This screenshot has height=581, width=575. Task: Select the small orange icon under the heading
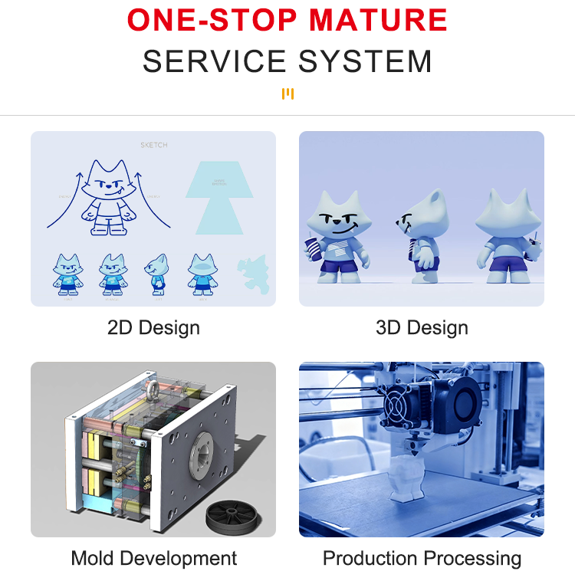(287, 94)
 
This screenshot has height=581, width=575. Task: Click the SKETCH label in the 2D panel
(153, 145)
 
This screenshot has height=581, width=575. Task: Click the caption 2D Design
(153, 328)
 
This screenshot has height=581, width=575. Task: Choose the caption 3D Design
(422, 328)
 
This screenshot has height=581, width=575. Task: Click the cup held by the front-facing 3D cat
(313, 251)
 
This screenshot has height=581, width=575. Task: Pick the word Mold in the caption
(92, 558)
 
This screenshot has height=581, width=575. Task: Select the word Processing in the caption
(472, 558)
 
